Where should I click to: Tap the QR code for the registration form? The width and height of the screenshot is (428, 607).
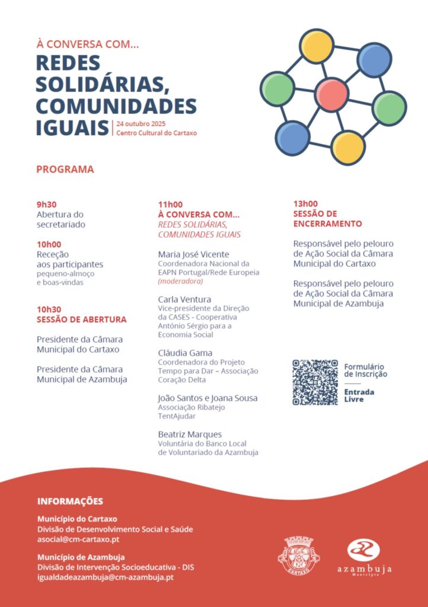coord(315,382)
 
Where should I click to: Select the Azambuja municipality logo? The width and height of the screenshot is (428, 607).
coord(365,558)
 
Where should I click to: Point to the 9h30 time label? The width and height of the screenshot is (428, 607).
coord(46,205)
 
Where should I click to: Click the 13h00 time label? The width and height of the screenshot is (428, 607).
coord(305,204)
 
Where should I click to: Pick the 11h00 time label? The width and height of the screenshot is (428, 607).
coord(170,205)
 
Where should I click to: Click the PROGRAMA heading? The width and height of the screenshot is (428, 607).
coord(65,169)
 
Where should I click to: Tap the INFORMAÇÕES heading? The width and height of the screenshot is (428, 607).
coord(70,501)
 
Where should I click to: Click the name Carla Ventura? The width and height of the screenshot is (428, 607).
coord(184,299)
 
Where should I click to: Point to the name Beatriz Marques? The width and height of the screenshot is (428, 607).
coord(190,434)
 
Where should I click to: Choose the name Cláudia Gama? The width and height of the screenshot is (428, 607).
coord(185,353)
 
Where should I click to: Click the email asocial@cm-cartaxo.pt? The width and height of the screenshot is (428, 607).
coord(78,540)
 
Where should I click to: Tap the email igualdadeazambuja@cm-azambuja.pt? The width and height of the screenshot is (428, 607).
coord(105,577)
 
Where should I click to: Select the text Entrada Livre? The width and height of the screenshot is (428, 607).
coord(359,395)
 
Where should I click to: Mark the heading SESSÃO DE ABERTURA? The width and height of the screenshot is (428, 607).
coord(81,320)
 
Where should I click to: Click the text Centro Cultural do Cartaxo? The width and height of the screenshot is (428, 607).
coord(156,133)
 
